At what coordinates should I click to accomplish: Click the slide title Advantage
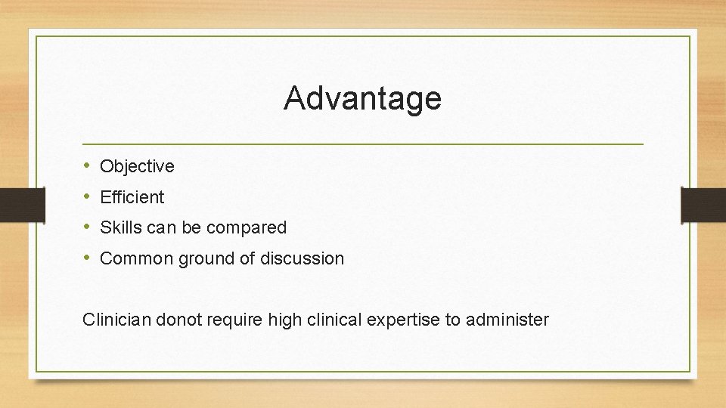tap(362, 98)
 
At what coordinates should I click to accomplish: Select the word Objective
tap(137, 166)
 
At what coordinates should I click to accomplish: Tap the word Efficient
tap(132, 197)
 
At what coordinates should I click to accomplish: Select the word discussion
tap(302, 258)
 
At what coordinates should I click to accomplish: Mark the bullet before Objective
tap(88, 165)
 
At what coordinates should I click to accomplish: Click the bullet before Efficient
tap(88, 196)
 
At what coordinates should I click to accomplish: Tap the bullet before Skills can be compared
tap(88, 227)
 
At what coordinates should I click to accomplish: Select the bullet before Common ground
tap(88, 258)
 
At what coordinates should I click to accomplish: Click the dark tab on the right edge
tap(703, 205)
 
